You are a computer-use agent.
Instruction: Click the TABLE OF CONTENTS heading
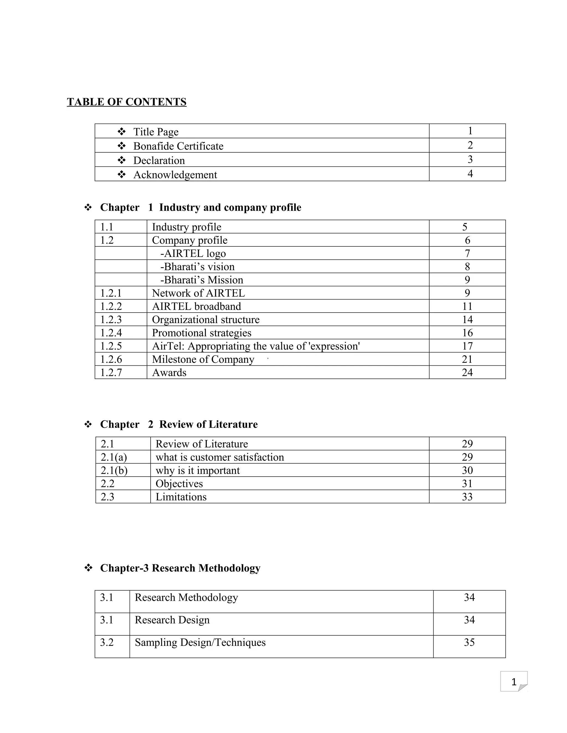tap(126, 102)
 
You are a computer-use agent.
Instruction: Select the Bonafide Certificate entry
tap(178, 146)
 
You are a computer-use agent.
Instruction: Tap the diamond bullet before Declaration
tap(122, 160)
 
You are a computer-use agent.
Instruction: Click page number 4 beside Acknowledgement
tap(470, 173)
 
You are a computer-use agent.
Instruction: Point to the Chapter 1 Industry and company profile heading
tap(200, 207)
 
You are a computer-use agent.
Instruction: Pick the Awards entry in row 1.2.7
tap(169, 373)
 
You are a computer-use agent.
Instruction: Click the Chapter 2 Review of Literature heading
tap(179, 424)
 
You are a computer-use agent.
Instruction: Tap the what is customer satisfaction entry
tap(220, 457)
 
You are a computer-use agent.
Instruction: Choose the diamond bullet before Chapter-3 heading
tap(88, 568)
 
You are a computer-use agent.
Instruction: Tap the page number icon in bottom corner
tap(513, 682)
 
